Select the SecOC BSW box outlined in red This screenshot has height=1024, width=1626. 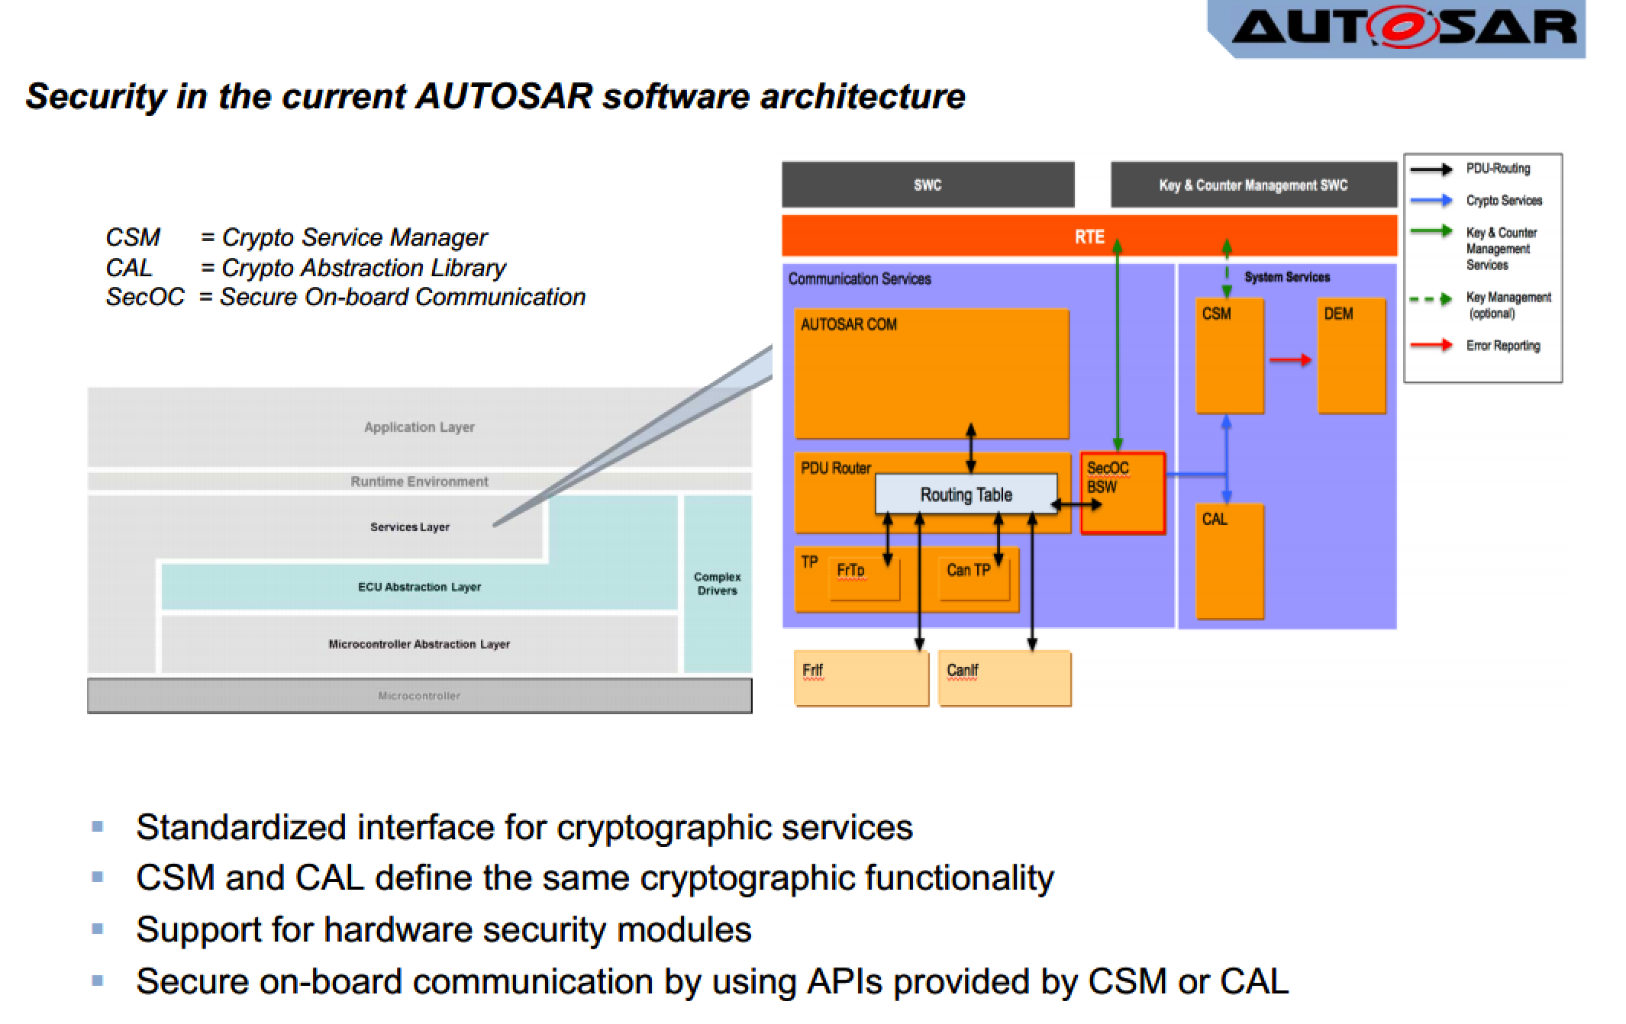click(x=1123, y=493)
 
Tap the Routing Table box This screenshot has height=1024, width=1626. click(x=966, y=494)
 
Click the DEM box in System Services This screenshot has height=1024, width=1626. click(x=1351, y=356)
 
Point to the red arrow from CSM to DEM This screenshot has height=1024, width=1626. click(x=1290, y=359)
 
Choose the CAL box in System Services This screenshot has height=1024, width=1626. click(x=1229, y=561)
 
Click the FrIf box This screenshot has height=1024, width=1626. click(x=861, y=678)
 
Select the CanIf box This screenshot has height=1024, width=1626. click(x=1004, y=678)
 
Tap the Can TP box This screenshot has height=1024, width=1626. click(x=973, y=578)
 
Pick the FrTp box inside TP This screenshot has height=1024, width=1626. click(x=863, y=578)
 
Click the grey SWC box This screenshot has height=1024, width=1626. click(x=928, y=185)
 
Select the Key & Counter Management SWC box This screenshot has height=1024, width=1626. click(x=1253, y=185)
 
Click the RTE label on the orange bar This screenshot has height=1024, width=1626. click(x=1089, y=237)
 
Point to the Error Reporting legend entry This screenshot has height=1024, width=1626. click(x=1502, y=346)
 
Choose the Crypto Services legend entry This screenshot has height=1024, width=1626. click(x=1504, y=201)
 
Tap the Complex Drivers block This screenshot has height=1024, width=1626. click(x=717, y=584)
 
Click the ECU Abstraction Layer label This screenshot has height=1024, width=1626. click(x=419, y=587)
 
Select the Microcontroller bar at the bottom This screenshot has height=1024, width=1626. click(x=419, y=695)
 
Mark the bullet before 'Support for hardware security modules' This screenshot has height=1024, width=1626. click(x=97, y=929)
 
